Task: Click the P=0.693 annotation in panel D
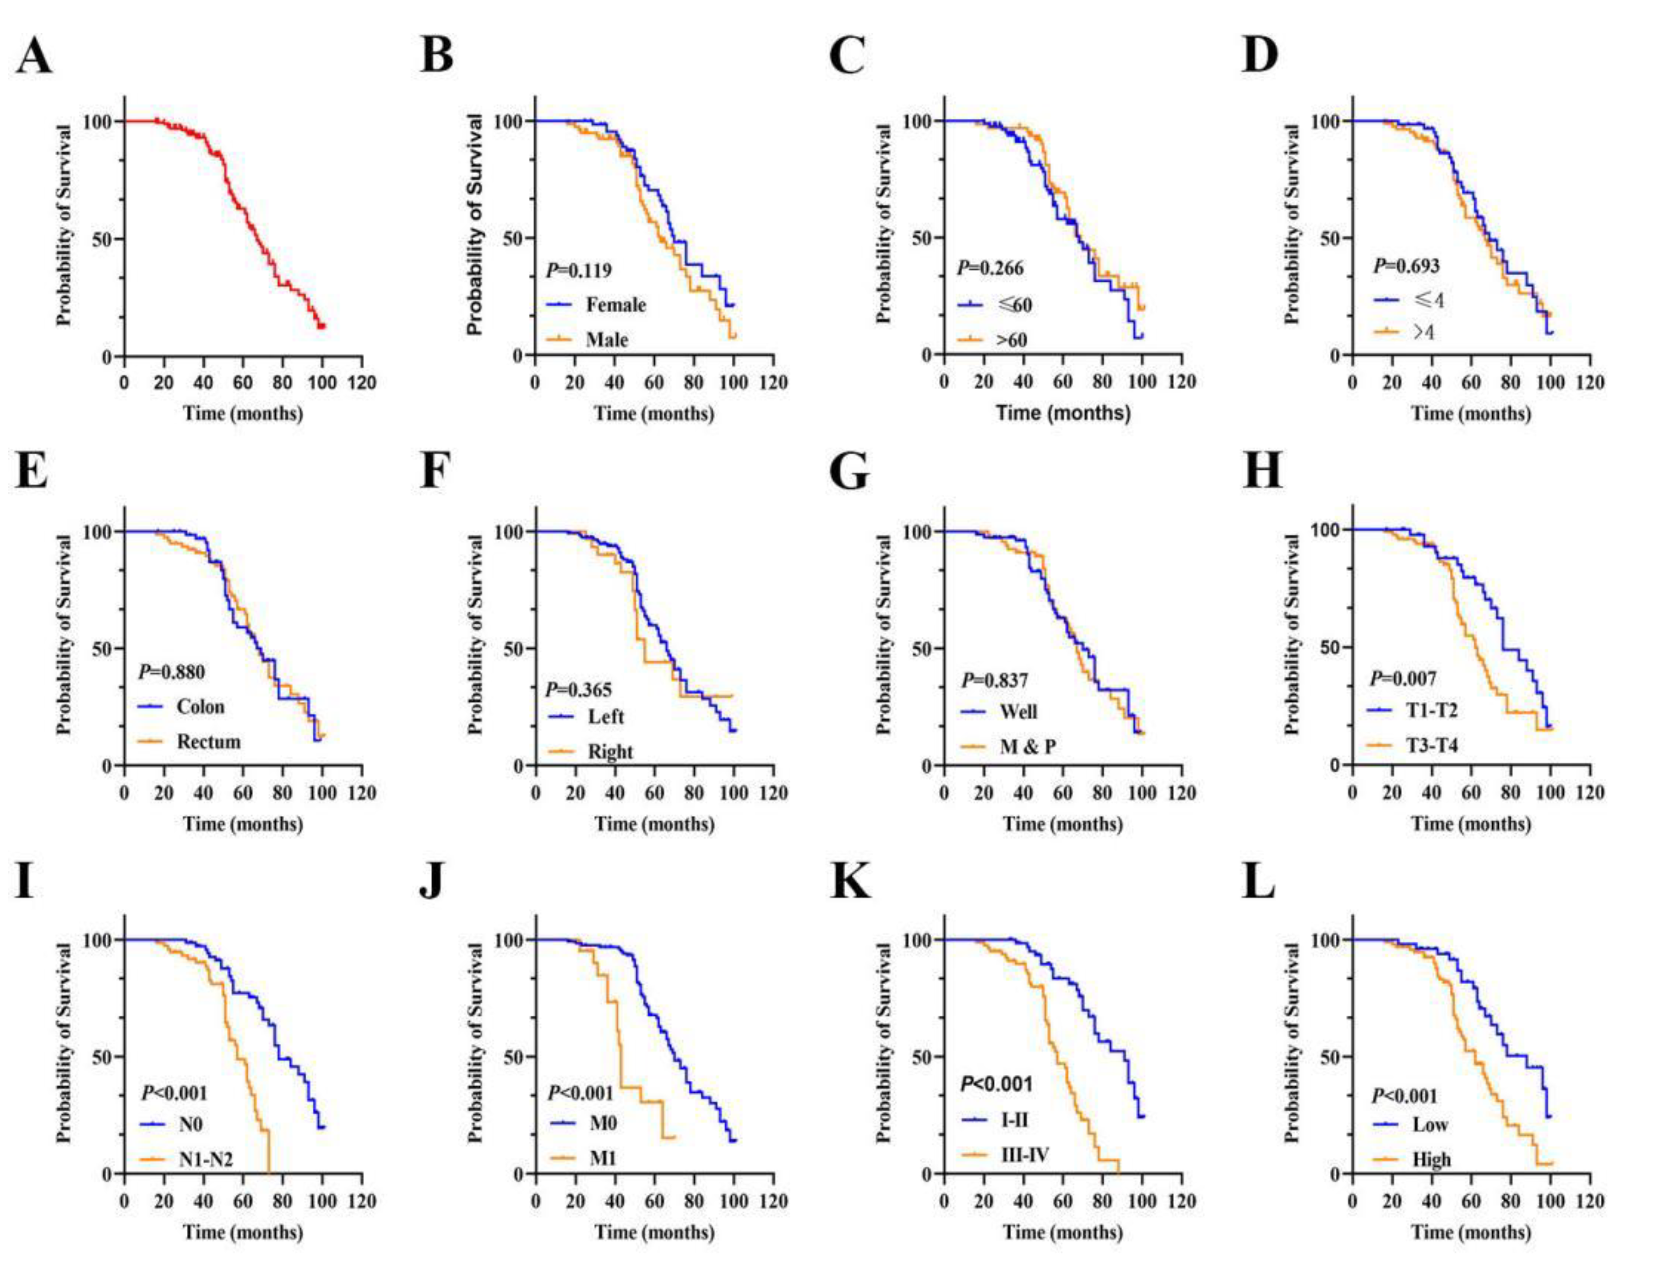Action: click(1405, 265)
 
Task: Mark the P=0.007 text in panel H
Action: click(1403, 679)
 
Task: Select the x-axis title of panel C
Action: click(1063, 413)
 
